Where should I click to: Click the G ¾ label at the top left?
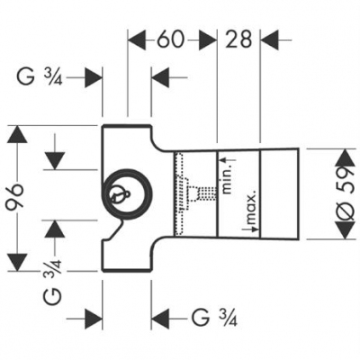(40, 77)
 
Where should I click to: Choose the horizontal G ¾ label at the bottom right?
(213, 317)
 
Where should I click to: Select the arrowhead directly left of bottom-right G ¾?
(160, 317)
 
